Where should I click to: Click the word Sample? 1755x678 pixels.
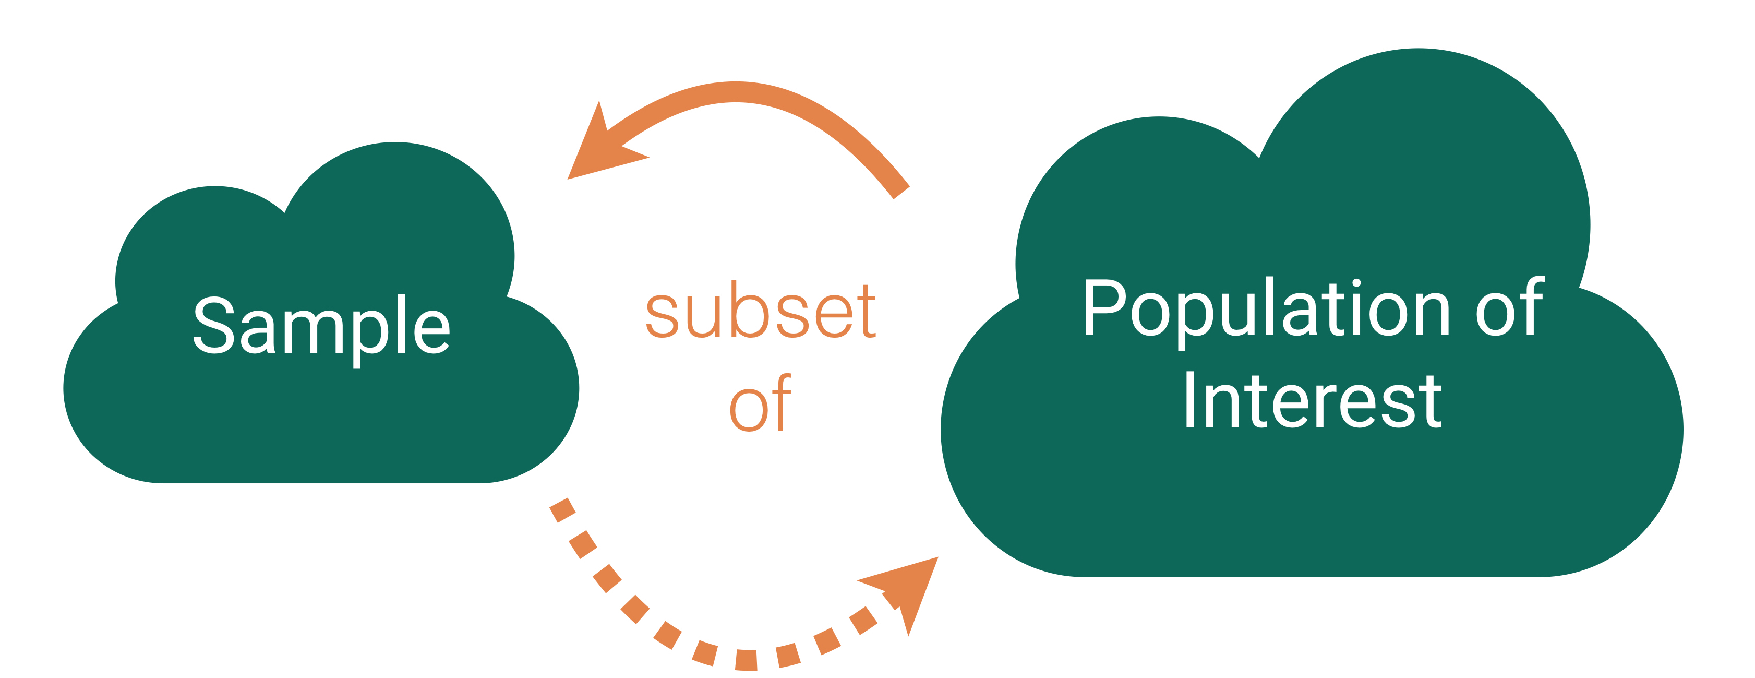tap(321, 326)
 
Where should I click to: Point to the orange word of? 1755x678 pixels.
tap(760, 403)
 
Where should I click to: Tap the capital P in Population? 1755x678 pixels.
tap(1104, 307)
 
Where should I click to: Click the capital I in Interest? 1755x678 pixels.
tap(1190, 401)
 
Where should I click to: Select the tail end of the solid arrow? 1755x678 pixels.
tap(900, 192)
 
